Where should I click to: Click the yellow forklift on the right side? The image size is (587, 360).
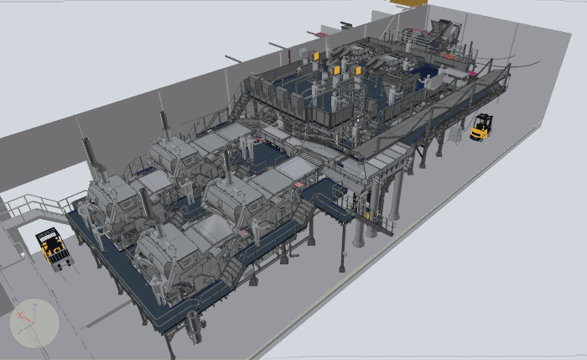click(481, 127)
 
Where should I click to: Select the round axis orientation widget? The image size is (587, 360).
click(34, 323)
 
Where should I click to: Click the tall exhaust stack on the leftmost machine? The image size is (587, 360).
click(90, 159)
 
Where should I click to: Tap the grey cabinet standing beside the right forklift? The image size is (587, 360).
click(460, 135)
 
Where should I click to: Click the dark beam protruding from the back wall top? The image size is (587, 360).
click(234, 59)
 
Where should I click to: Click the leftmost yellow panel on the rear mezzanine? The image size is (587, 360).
click(314, 58)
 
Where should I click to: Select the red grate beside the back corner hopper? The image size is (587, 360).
click(454, 55)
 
